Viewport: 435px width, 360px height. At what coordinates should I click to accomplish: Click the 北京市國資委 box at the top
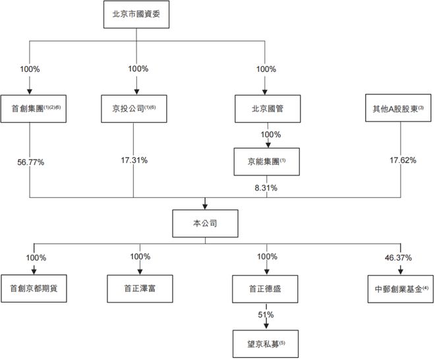137,15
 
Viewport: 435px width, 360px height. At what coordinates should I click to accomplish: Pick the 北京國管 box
267,107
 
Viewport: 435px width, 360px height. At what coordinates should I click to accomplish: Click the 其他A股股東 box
399,107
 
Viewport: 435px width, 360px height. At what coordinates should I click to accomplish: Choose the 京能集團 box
267,161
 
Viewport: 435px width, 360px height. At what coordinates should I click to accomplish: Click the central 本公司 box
205,224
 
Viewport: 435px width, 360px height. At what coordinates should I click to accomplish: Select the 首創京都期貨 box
32,287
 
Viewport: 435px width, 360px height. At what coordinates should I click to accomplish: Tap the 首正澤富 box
140,287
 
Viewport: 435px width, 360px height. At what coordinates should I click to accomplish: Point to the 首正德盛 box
267,287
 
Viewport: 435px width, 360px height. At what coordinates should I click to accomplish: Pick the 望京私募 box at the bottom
267,343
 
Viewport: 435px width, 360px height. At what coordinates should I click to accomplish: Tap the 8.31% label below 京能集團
267,187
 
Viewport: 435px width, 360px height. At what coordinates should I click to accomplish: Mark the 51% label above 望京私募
267,315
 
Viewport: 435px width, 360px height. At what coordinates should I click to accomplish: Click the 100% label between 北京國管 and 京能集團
271,135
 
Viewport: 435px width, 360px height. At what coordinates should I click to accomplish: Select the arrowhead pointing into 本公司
205,206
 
